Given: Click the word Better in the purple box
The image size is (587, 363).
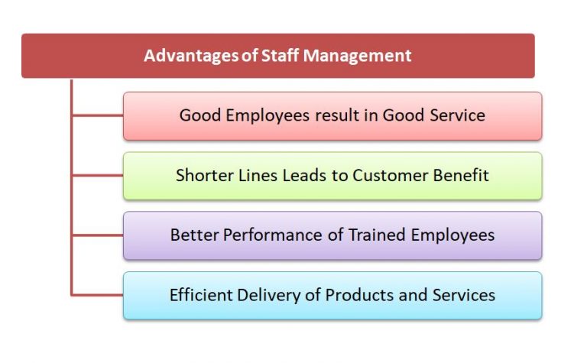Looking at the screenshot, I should [194, 235].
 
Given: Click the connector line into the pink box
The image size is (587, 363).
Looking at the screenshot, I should [97, 116].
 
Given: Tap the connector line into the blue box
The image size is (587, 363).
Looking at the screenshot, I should [97, 295].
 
